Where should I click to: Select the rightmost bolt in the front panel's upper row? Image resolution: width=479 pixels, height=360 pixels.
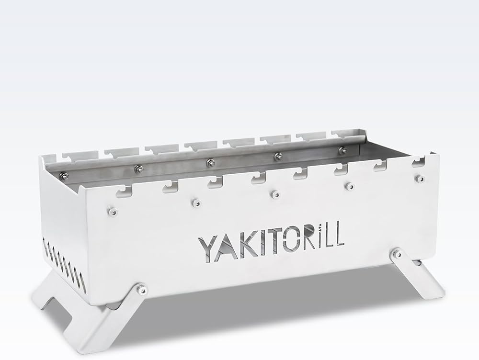pos(421,178)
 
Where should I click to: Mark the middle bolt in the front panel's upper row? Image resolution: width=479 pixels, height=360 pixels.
pos(274,194)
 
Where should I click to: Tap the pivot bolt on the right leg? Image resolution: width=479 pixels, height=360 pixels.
pos(398,252)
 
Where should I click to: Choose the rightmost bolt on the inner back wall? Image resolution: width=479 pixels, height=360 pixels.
pos(342,150)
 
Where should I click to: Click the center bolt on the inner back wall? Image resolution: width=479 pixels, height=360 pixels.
pos(209,163)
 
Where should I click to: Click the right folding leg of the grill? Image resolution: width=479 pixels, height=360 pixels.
pos(422,282)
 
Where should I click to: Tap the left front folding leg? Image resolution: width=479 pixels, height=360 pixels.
pos(96,316)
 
